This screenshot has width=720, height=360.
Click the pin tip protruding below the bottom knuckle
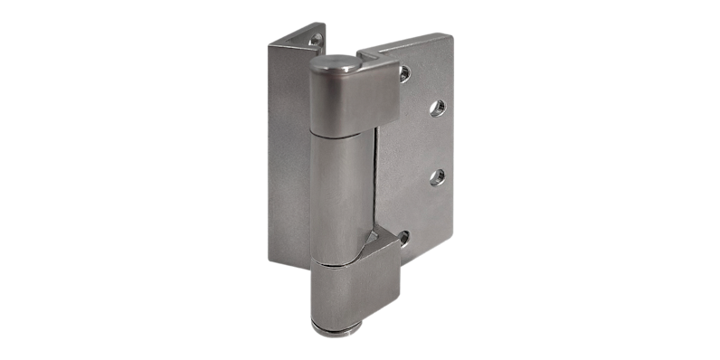tap(342, 328)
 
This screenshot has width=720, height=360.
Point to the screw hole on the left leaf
tap(315, 40)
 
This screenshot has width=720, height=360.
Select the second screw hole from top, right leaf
tap(439, 107)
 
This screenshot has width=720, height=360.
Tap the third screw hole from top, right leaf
tap(439, 176)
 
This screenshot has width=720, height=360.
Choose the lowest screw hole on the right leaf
tap(403, 238)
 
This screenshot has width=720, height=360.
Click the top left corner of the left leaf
tap(270, 45)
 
